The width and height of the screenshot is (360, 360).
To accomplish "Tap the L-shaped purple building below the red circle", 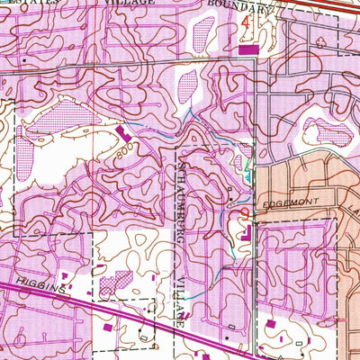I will point(246,235).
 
